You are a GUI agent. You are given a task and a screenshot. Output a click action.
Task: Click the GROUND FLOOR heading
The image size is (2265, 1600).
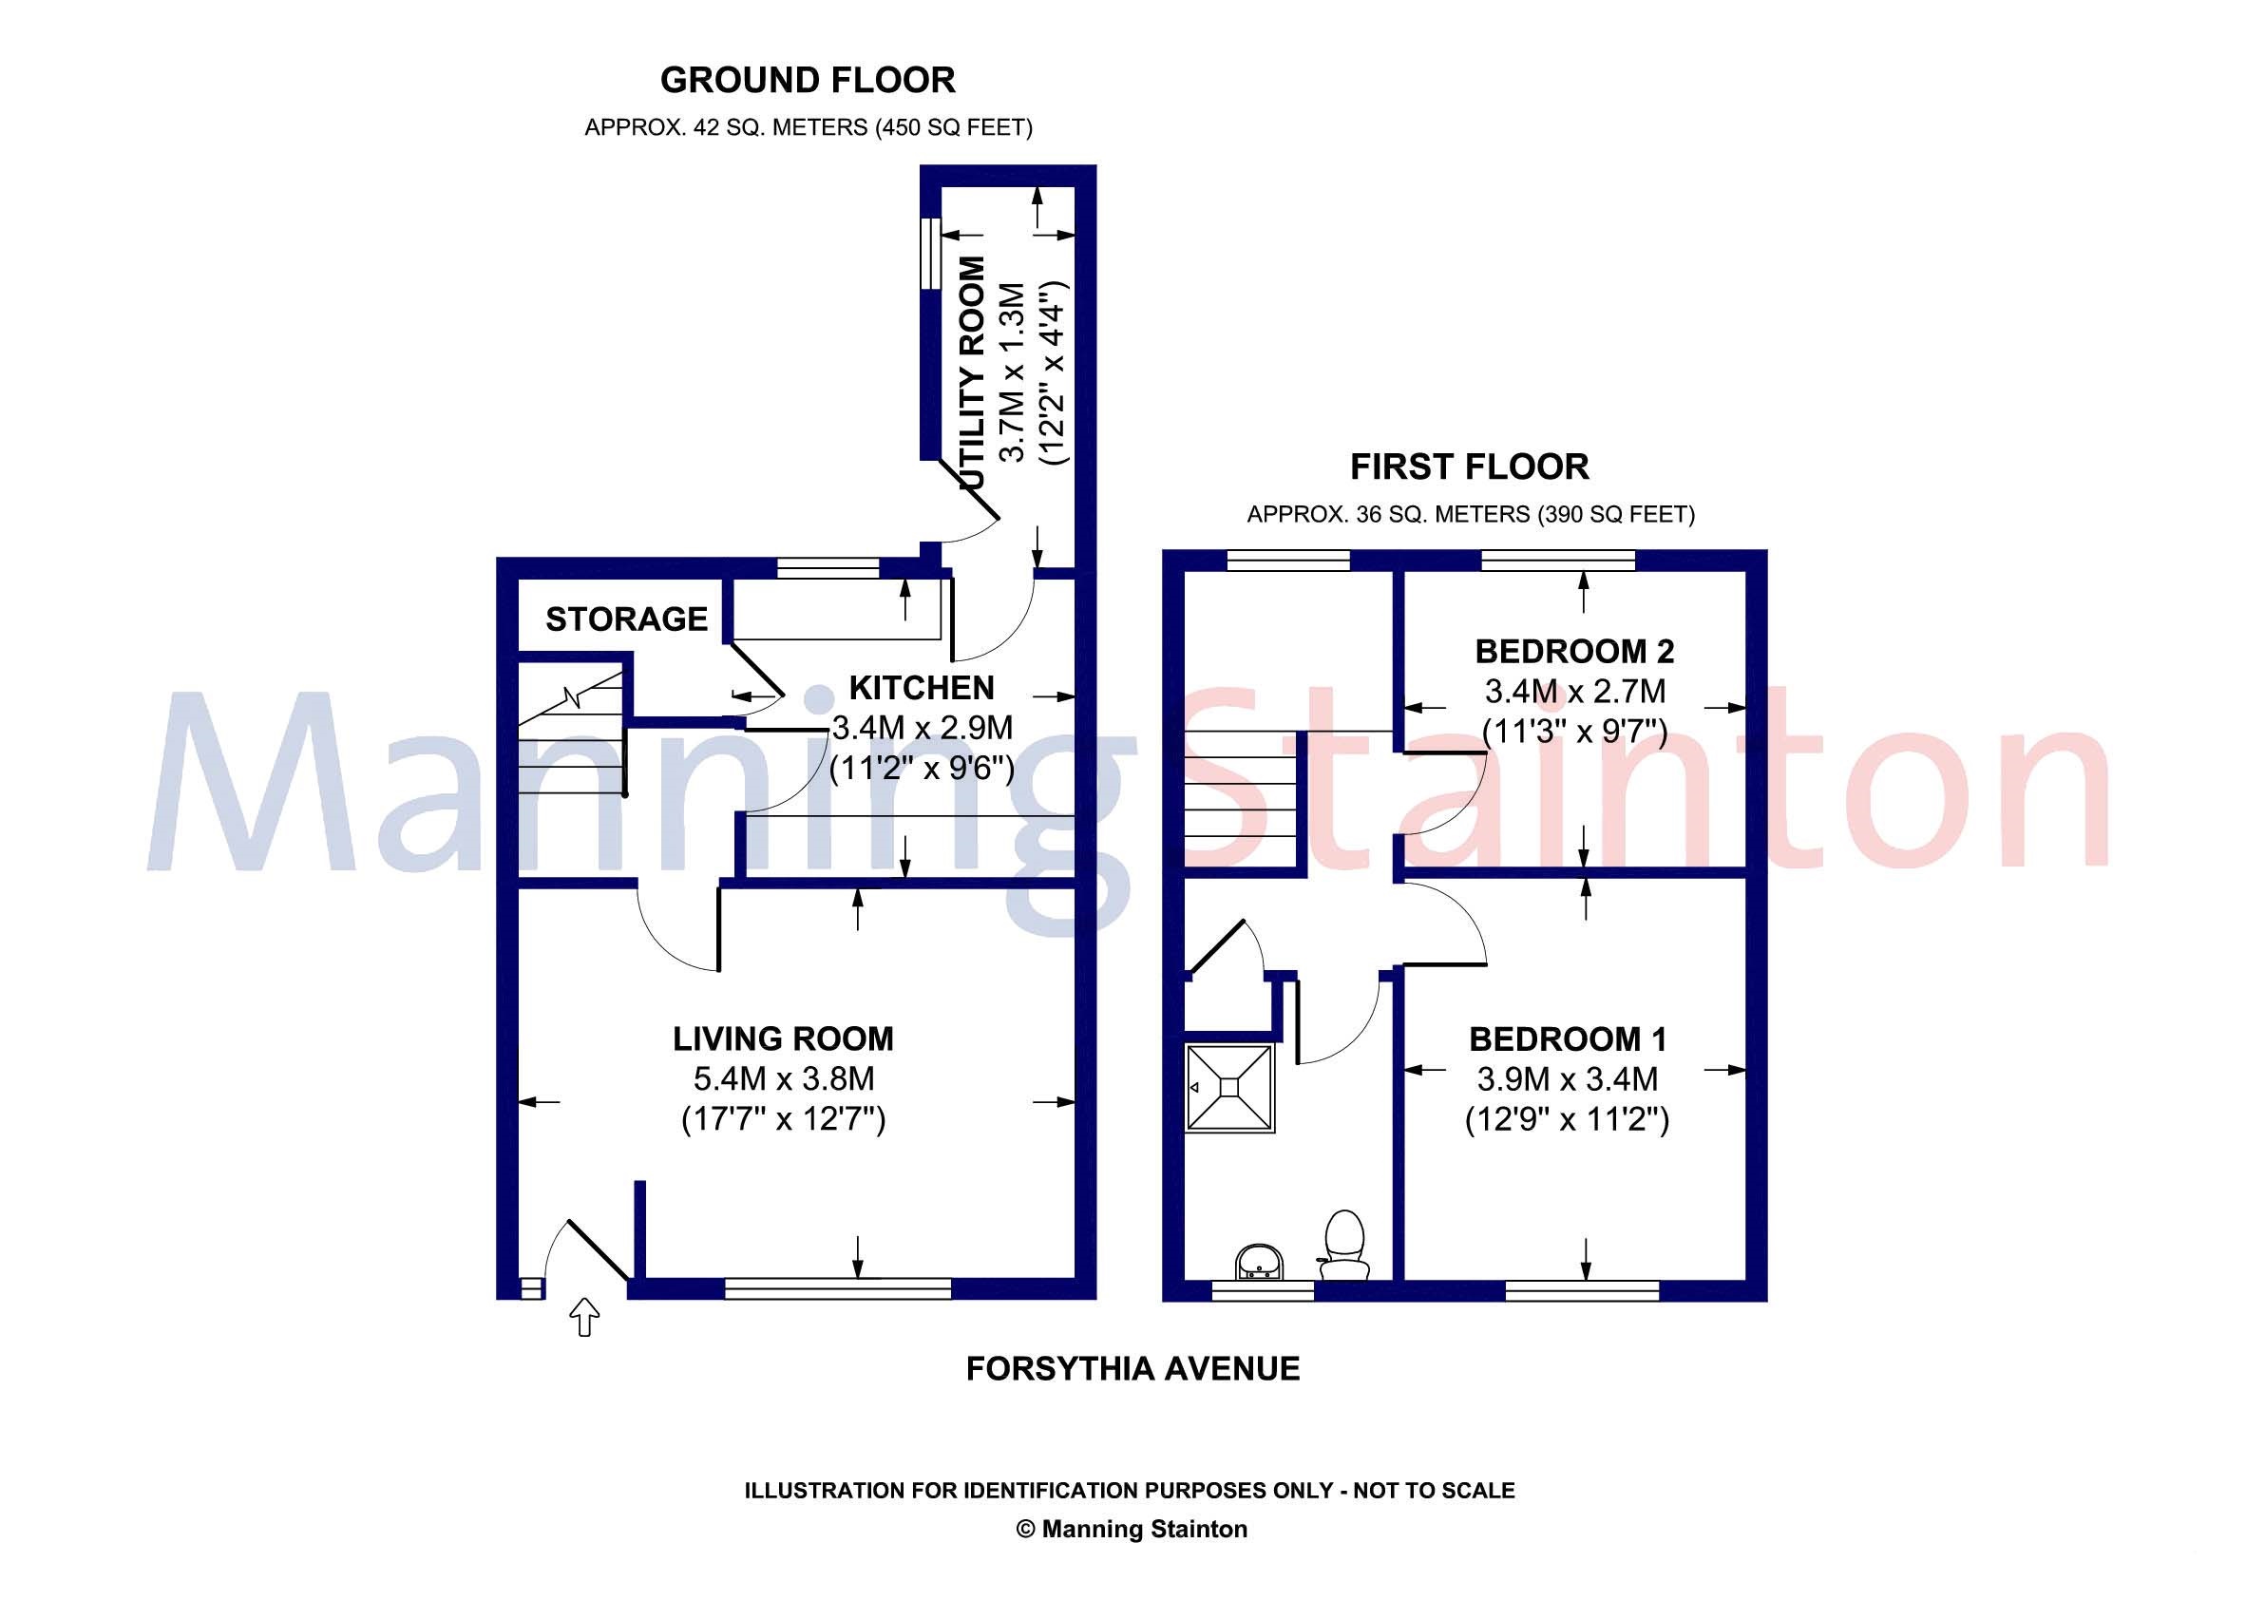[x=807, y=80]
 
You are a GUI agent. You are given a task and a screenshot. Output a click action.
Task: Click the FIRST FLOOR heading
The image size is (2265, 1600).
[x=1469, y=467]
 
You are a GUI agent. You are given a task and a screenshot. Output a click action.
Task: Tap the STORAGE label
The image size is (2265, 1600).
[x=626, y=619]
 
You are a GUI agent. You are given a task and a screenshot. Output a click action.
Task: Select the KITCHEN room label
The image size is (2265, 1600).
[x=922, y=688]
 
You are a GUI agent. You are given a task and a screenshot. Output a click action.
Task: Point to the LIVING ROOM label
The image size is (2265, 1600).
[x=783, y=1038]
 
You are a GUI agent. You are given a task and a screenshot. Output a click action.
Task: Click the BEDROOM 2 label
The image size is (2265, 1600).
[x=1574, y=651]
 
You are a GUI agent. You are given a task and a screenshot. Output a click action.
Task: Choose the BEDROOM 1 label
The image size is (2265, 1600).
[x=1568, y=1038]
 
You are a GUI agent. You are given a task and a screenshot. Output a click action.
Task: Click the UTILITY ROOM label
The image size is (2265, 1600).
[x=973, y=372]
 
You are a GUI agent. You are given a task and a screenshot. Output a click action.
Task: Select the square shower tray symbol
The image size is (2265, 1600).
[x=1230, y=1087]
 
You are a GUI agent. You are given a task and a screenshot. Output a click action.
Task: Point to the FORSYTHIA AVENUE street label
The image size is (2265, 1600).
[x=1132, y=1368]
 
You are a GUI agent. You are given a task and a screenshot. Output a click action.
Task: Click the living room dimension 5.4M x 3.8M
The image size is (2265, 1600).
[x=783, y=1078]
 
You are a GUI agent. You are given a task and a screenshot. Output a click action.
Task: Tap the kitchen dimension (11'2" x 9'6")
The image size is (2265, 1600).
[x=922, y=768]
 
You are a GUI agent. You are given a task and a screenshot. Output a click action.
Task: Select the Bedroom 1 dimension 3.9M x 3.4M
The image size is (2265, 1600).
[x=1568, y=1078]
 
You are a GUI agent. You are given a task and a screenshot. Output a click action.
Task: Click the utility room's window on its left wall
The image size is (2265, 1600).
[x=928, y=253]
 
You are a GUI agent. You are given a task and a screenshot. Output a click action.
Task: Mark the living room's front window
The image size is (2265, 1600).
[x=838, y=1287]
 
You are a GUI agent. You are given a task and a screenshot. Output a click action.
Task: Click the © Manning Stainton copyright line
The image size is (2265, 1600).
[x=1132, y=1529]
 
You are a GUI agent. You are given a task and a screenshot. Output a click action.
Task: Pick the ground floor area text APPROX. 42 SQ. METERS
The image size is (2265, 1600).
[x=808, y=128]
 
